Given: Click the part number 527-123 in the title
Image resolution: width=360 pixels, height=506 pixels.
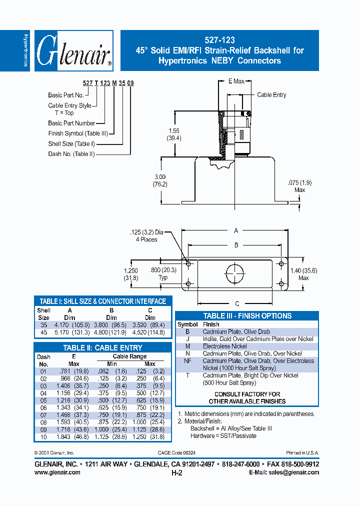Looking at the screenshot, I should click(x=220, y=40).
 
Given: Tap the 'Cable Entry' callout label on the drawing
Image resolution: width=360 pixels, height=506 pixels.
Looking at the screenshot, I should click(x=271, y=94).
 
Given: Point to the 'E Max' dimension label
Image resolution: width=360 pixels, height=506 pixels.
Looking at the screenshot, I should click(x=236, y=81).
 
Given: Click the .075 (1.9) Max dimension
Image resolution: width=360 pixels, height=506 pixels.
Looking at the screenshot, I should click(x=300, y=186).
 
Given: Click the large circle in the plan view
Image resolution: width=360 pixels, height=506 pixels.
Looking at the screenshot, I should click(x=236, y=274).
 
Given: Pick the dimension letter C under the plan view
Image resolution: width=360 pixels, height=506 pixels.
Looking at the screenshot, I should click(x=237, y=303).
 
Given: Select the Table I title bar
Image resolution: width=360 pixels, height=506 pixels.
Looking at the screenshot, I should click(x=102, y=301).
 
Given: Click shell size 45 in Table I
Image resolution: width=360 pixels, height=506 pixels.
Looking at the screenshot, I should click(x=43, y=332).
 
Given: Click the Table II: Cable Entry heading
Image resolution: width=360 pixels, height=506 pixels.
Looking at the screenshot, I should click(x=102, y=347).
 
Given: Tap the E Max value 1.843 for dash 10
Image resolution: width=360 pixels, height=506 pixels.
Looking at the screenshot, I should click(x=62, y=436).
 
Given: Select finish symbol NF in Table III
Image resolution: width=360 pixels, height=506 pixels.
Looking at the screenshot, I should click(x=187, y=360).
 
